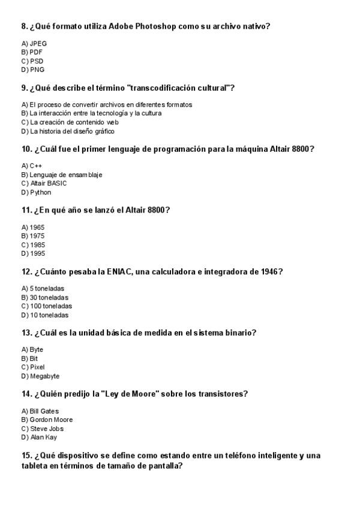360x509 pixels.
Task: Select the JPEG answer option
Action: click(x=34, y=43)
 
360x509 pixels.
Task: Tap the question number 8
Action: click(x=25, y=26)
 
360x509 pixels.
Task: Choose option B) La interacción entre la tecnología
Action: click(x=91, y=113)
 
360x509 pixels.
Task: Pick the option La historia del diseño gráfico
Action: click(x=68, y=131)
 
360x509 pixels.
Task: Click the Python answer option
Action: click(x=36, y=192)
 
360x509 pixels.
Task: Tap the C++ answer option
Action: click(x=32, y=166)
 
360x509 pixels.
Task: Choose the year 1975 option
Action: click(x=33, y=236)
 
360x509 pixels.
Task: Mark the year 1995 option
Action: click(x=33, y=253)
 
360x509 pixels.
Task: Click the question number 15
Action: click(x=26, y=456)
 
